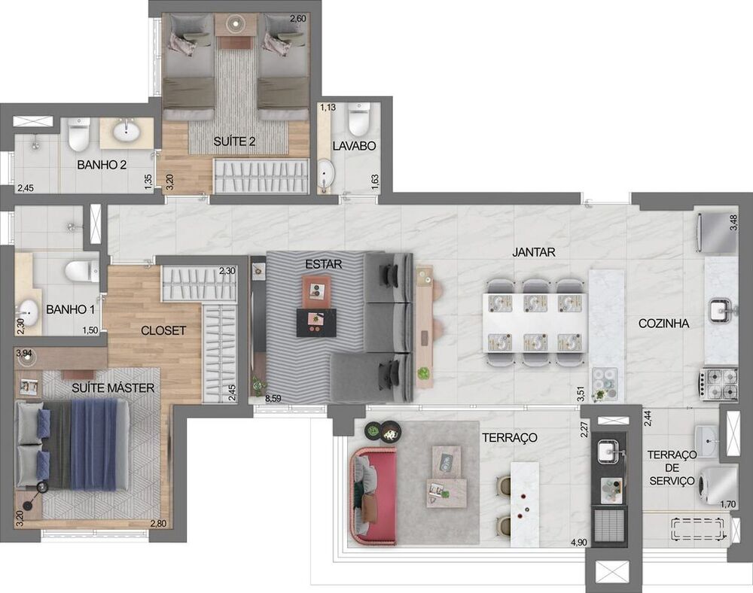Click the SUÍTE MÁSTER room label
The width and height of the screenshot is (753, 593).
pyautogui.click(x=113, y=388)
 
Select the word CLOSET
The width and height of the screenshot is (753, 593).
pyautogui.click(x=163, y=330)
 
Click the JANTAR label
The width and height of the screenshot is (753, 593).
pyautogui.click(x=533, y=253)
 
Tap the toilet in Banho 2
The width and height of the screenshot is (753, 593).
pyautogui.click(x=78, y=134)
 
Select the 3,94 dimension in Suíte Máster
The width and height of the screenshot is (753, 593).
pyautogui.click(x=24, y=353)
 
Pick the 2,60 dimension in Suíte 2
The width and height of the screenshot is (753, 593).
pyautogui.click(x=298, y=18)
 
